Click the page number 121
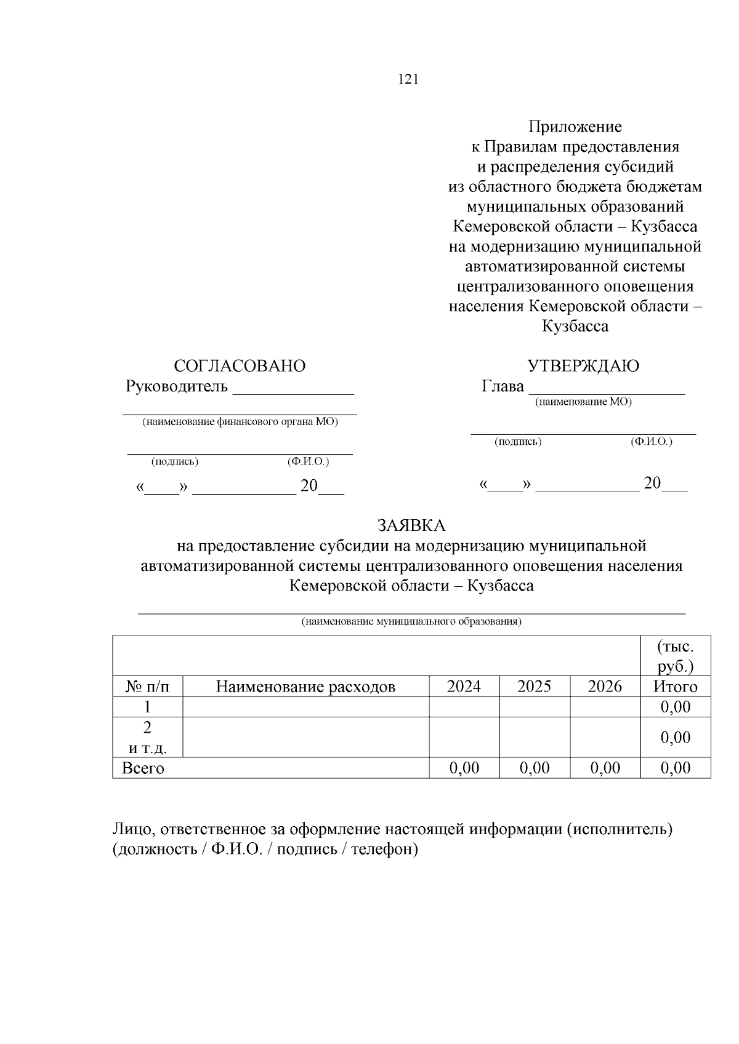[408, 79]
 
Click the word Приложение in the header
[575, 127]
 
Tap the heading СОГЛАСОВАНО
[240, 366]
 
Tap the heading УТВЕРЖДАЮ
[583, 366]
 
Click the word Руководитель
[177, 387]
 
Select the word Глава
[503, 387]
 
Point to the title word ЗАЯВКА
[411, 526]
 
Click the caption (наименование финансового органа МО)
[240, 422]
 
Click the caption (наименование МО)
[583, 402]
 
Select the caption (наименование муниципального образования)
[411, 621]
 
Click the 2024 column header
[464, 687]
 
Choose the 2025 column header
[534, 687]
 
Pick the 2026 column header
[605, 687]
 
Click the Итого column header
[675, 687]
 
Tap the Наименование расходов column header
[305, 687]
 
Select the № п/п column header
[147, 687]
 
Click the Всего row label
[143, 768]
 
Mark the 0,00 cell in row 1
[675, 707]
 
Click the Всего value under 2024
[464, 768]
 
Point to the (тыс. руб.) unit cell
[675, 657]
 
